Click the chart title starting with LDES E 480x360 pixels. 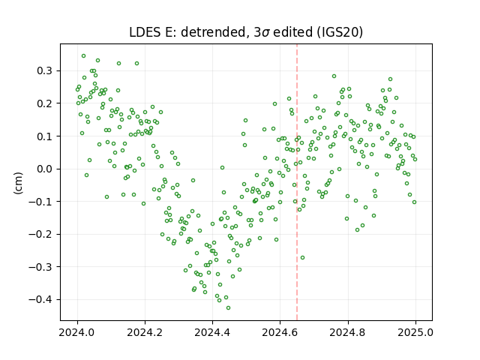pyautogui.click(x=246, y=32)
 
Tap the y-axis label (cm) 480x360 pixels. pyautogui.click(x=18, y=183)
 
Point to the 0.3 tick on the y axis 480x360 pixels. pyautogui.click(x=45, y=71)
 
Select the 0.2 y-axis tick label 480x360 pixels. pyautogui.click(x=45, y=103)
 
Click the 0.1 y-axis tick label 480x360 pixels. pyautogui.click(x=45, y=136)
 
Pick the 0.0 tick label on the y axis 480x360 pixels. pyautogui.click(x=45, y=169)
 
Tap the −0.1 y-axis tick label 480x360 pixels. pyautogui.click(x=40, y=202)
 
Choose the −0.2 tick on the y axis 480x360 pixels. pyautogui.click(x=40, y=235)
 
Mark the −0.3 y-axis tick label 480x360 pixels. pyautogui.click(x=40, y=267)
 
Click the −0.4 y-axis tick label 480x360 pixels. pyautogui.click(x=40, y=300)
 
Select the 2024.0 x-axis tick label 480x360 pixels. pyautogui.click(x=77, y=332)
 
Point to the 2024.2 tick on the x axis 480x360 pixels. pyautogui.click(x=145, y=332)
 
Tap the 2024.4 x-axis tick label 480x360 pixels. pyautogui.click(x=212, y=332)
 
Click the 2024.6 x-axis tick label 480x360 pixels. pyautogui.click(x=280, y=332)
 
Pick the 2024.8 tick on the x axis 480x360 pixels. pyautogui.click(x=347, y=332)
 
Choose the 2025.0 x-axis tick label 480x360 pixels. pyautogui.click(x=415, y=332)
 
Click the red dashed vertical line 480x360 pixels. pyautogui.click(x=297, y=182)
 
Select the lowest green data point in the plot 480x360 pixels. pyautogui.click(x=228, y=308)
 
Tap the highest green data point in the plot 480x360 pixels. pyautogui.click(x=83, y=56)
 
